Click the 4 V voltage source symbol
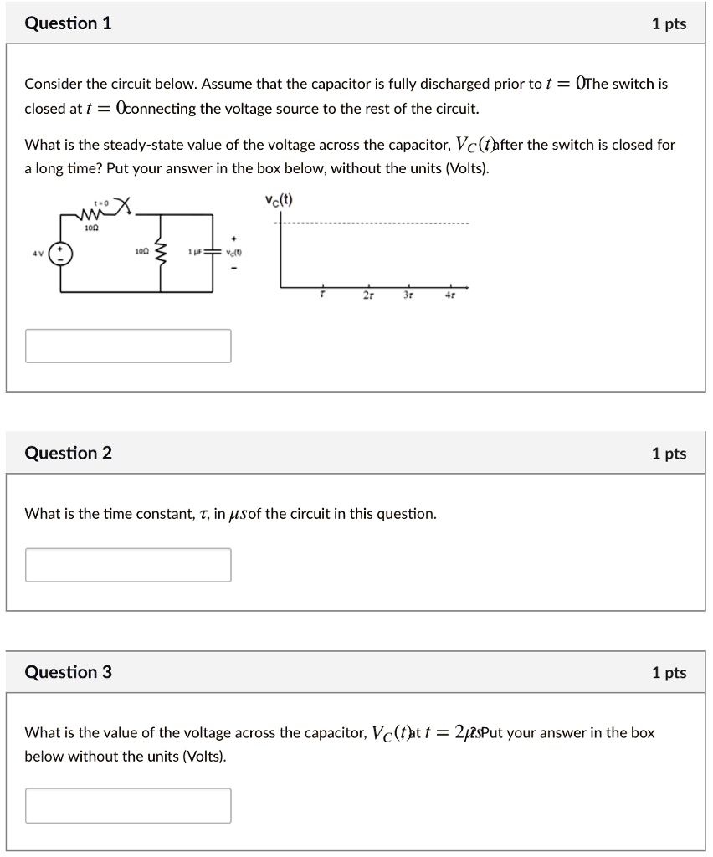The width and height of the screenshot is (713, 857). click(x=59, y=253)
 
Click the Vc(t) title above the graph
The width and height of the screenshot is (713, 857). click(x=279, y=199)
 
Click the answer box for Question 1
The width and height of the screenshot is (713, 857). click(x=128, y=346)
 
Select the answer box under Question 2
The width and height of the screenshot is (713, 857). click(x=128, y=565)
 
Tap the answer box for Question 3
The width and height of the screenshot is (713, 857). click(x=128, y=805)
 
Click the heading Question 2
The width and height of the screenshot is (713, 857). click(x=69, y=453)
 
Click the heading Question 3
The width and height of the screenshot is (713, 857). click(x=69, y=672)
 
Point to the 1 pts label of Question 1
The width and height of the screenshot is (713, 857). click(x=669, y=24)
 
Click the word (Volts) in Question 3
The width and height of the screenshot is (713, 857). click(x=204, y=757)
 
